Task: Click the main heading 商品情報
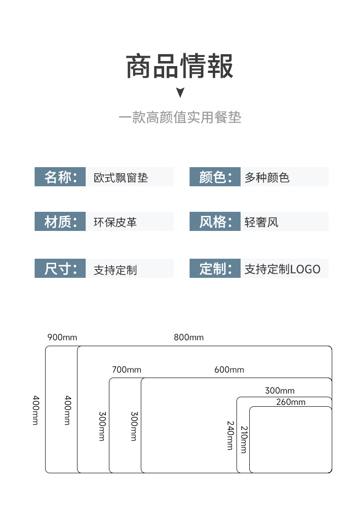(x=180, y=66)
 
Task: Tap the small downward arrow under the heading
(x=180, y=92)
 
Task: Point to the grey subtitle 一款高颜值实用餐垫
(x=180, y=118)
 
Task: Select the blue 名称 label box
(x=60, y=177)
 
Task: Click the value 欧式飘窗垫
(x=121, y=178)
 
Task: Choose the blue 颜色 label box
(x=215, y=177)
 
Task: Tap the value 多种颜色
(x=267, y=178)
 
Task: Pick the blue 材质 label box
(x=60, y=221)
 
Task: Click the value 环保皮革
(x=115, y=222)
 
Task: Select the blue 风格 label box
(x=215, y=221)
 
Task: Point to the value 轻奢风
(x=262, y=222)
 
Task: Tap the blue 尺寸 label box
(x=60, y=268)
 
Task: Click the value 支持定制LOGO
(x=282, y=269)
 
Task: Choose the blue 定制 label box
(x=215, y=268)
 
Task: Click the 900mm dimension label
(x=62, y=337)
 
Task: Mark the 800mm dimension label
(x=189, y=337)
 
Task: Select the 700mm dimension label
(x=127, y=369)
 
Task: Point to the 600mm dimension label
(x=229, y=369)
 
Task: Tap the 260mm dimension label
(x=291, y=402)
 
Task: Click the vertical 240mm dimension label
(x=231, y=435)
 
